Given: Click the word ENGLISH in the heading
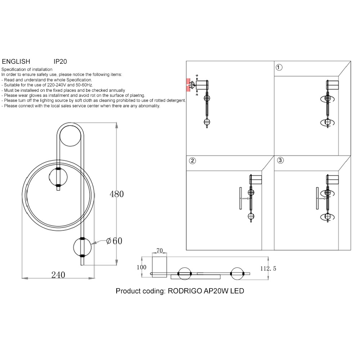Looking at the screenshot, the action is coord(16,62).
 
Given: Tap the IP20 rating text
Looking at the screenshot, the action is coord(60,62).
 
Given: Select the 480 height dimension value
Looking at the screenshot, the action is coord(117,194).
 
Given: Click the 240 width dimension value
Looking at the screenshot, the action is coord(58,275).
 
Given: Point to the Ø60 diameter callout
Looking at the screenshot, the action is coord(114,241).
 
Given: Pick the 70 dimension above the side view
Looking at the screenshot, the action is coord(159,251).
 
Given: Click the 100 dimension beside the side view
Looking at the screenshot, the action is coord(141,267).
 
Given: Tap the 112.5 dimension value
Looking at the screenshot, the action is coord(268,269).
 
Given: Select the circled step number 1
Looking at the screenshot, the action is coord(279,67).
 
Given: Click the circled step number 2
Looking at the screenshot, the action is coord(192,161).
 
